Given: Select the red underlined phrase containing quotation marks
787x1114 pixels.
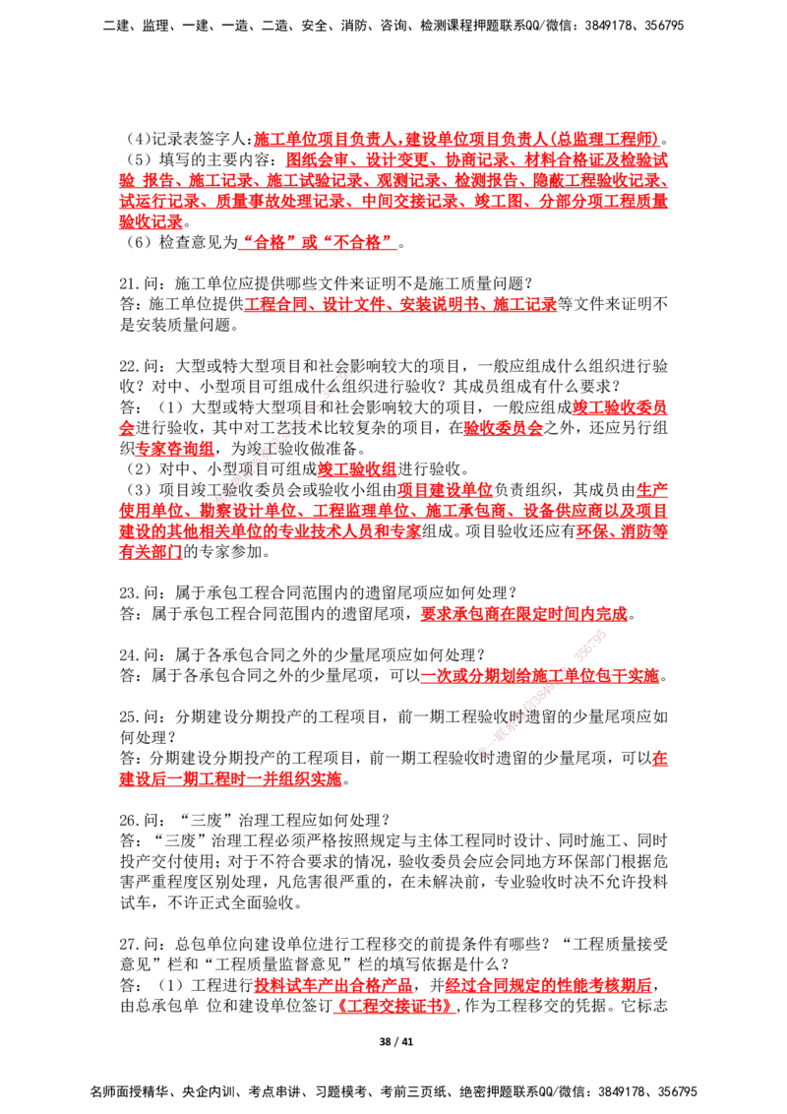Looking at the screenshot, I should pos(317,243).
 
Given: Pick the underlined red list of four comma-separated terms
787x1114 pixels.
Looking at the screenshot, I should pos(400,305).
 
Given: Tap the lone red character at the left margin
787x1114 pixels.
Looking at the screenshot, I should pos(125,428).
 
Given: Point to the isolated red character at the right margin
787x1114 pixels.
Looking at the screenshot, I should pos(660,758).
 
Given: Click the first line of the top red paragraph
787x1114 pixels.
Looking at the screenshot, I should pos(454,137).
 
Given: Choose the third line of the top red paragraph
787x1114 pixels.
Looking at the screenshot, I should pos(393,180).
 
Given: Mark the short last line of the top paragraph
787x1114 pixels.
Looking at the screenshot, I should pos(151,223).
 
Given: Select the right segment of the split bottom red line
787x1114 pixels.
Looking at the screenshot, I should pos(547,985).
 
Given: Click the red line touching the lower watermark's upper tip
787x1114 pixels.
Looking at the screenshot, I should pos(522,615).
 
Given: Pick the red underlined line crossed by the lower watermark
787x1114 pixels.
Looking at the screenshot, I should pos(539,676).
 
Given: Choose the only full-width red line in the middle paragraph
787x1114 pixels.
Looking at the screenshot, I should pos(393,510).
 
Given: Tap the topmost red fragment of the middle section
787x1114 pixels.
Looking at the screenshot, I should pos(620,405).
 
